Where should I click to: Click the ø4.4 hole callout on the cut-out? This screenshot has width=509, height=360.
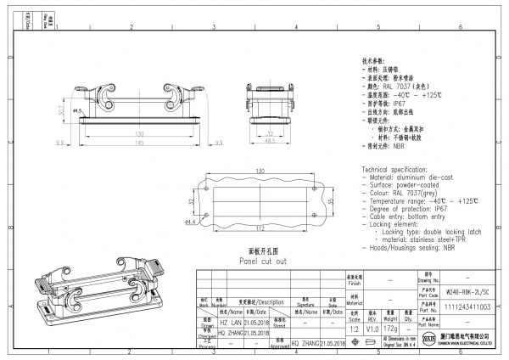(191, 222)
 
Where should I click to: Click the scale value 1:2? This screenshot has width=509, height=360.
(353, 328)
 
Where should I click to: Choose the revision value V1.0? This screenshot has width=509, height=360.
(372, 328)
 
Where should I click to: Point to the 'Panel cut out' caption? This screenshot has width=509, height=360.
(262, 263)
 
